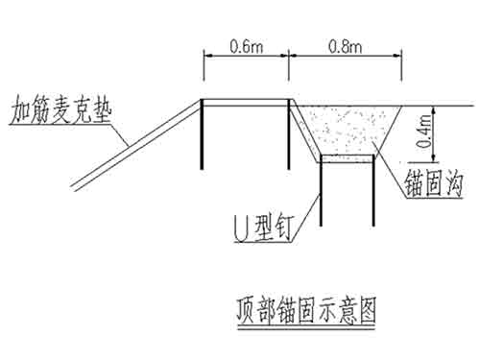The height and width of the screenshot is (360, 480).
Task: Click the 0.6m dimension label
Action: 246,45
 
